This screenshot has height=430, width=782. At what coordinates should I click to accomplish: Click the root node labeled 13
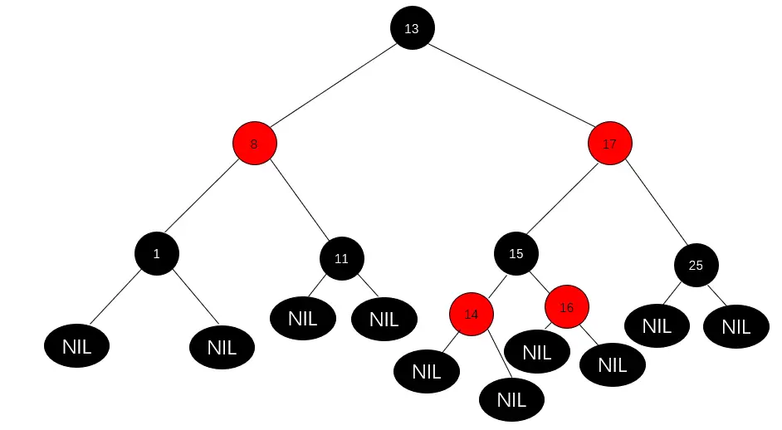pyautogui.click(x=412, y=28)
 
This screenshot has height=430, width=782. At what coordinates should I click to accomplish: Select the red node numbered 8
pyautogui.click(x=254, y=144)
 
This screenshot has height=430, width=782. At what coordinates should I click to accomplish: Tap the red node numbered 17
pyautogui.click(x=610, y=144)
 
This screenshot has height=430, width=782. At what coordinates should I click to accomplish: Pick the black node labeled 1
pyautogui.click(x=157, y=253)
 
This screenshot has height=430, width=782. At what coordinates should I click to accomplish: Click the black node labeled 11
pyautogui.click(x=341, y=258)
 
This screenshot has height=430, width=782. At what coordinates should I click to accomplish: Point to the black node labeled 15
pyautogui.click(x=516, y=253)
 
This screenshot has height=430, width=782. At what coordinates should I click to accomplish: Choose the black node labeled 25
pyautogui.click(x=696, y=265)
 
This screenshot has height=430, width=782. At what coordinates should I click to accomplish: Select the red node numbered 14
pyautogui.click(x=472, y=314)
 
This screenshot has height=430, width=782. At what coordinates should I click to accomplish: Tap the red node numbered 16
pyautogui.click(x=567, y=307)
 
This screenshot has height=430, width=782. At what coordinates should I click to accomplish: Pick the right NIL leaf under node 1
pyautogui.click(x=222, y=348)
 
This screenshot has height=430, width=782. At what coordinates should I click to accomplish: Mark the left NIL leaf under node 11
pyautogui.click(x=303, y=318)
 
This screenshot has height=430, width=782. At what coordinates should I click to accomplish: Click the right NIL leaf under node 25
pyautogui.click(x=736, y=327)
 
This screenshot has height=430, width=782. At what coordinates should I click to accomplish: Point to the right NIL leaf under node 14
pyautogui.click(x=511, y=399)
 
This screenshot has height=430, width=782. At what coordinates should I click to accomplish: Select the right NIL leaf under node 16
pyautogui.click(x=612, y=364)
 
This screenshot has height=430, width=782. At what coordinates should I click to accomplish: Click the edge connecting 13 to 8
pyautogui.click(x=332, y=86)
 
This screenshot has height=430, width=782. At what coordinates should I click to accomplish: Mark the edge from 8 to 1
pyautogui.click(x=204, y=199)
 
